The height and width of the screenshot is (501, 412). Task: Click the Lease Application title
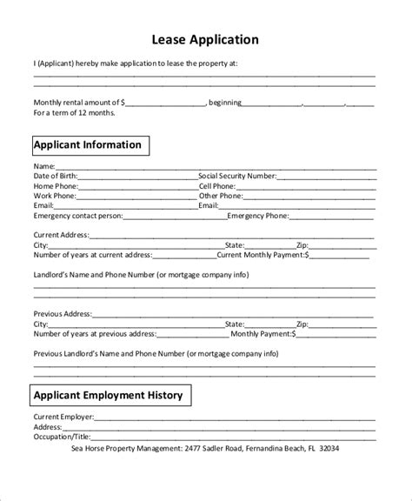click(x=206, y=39)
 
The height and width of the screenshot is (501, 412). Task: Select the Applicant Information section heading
click(x=87, y=144)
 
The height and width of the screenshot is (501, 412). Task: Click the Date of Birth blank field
click(x=137, y=176)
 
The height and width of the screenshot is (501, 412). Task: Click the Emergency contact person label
click(x=77, y=216)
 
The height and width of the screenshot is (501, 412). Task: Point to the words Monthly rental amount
click(x=77, y=103)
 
